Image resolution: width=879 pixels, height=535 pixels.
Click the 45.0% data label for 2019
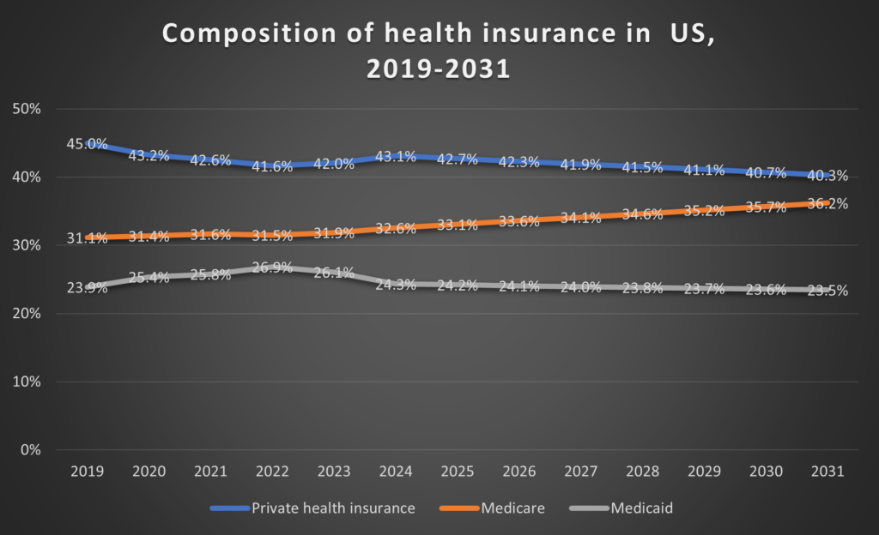[87, 144]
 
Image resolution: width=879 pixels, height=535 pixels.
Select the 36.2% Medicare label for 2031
[828, 204]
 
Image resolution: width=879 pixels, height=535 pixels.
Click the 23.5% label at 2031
[828, 291]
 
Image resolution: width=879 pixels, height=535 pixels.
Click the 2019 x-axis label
[87, 472]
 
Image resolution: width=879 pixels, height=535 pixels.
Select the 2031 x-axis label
[827, 472]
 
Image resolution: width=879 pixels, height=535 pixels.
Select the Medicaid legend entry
[641, 508]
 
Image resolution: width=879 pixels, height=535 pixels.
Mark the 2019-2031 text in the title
[438, 69]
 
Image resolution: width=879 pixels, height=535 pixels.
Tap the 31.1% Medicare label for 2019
[87, 239]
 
